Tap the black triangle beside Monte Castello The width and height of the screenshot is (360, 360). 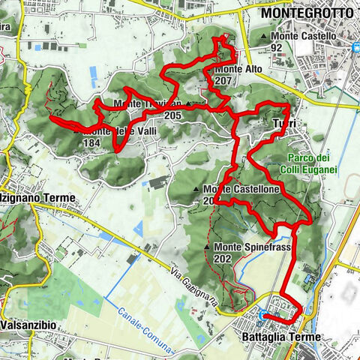(265, 36)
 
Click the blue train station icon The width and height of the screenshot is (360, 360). (355, 46)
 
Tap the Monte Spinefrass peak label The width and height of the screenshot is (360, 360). (247, 247)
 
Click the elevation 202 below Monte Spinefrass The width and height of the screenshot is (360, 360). (223, 258)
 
